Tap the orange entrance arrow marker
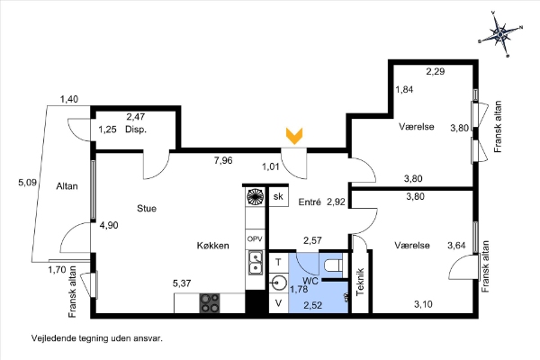point(294,136)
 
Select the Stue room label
point(147,208)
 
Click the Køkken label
point(214,245)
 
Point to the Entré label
point(310,203)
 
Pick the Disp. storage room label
point(136,130)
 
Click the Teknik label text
point(359,283)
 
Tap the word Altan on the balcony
point(66,186)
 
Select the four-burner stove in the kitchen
point(210,303)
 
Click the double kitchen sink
point(255,263)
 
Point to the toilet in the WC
point(331,265)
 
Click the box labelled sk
point(279,197)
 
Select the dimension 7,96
point(224,161)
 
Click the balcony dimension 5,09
point(28,183)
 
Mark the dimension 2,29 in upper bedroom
point(436,70)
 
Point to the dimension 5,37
point(184,284)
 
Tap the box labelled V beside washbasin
point(278,304)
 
